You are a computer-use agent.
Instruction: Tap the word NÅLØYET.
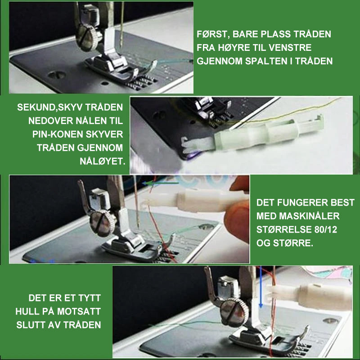(x=103, y=161)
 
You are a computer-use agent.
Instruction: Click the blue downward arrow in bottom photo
(x=261, y=287)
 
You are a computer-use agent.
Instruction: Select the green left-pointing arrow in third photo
(x=160, y=183)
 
